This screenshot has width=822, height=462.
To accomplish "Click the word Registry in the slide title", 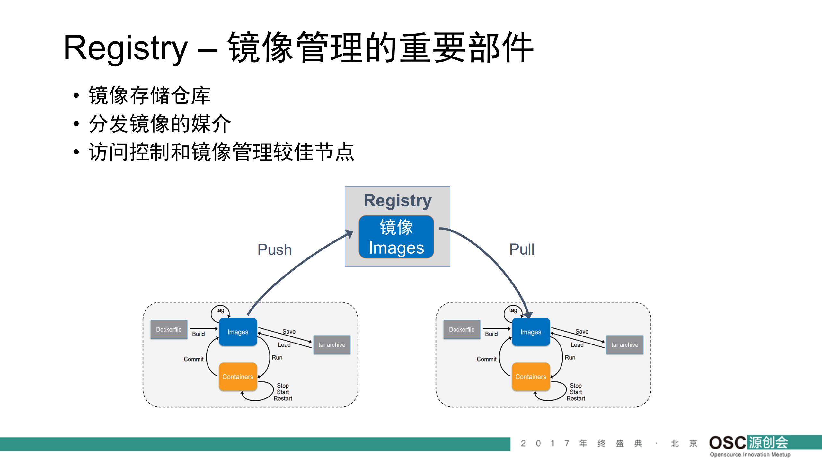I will (x=125, y=48).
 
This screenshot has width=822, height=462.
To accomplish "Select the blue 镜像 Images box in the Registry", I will (x=396, y=237).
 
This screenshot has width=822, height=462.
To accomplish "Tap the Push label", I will (x=274, y=249).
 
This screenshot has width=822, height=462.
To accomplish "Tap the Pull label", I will (x=522, y=249).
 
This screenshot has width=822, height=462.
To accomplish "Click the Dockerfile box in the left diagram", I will (x=169, y=329).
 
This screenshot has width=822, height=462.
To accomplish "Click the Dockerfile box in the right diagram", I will (x=462, y=329).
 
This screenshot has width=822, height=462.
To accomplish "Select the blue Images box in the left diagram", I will (x=238, y=332).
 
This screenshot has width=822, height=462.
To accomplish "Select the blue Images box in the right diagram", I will (x=531, y=332).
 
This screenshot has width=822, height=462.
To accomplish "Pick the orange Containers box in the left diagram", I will (x=238, y=377).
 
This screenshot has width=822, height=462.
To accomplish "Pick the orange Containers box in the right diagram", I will (x=531, y=377).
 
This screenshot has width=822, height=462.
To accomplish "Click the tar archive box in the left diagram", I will (x=332, y=345).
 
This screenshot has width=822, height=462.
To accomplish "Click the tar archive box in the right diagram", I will (x=625, y=345).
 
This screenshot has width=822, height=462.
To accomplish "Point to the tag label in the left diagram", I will (x=220, y=310).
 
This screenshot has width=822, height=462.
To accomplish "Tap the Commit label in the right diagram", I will (x=486, y=359).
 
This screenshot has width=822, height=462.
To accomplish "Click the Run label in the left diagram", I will (x=277, y=357).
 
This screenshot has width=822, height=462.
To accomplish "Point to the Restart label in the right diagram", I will (x=576, y=398).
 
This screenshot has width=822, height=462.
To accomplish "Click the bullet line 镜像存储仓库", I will (x=149, y=95).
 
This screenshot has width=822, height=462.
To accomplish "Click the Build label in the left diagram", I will (x=198, y=334).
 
